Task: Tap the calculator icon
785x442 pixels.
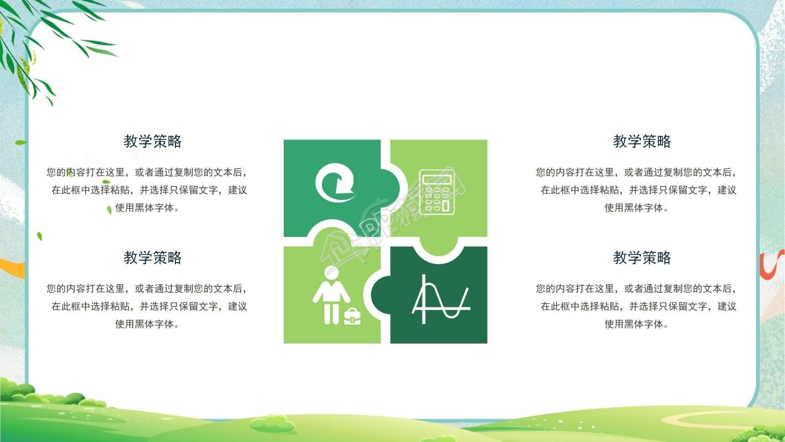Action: coord(437,192)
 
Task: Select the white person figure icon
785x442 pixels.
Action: coord(331,295)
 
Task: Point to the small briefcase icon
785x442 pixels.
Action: coord(352,316)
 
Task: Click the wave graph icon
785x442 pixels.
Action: coord(440,300)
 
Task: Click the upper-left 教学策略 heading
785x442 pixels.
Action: coord(153,142)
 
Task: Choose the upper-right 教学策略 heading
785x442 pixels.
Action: coord(642,142)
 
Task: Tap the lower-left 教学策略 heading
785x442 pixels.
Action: coord(153,258)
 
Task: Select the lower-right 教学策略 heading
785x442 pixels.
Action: coord(642,258)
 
